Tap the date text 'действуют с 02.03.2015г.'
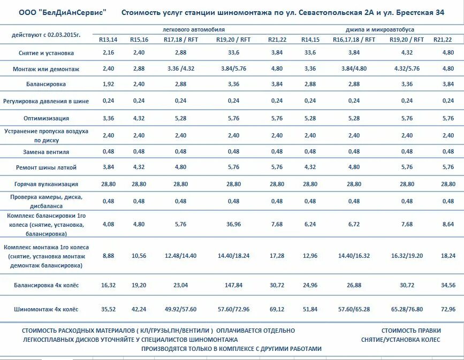pyautogui.click(x=45, y=35)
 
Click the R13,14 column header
pyautogui.click(x=108, y=40)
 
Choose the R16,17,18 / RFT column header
pyautogui.click(x=346, y=40)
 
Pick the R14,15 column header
pyautogui.click(x=310, y=40)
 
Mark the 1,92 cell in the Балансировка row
pyautogui.click(x=108, y=85)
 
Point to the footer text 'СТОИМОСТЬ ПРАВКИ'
pyautogui.click(x=411, y=331)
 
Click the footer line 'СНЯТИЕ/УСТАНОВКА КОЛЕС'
pyautogui.click(x=400, y=340)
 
